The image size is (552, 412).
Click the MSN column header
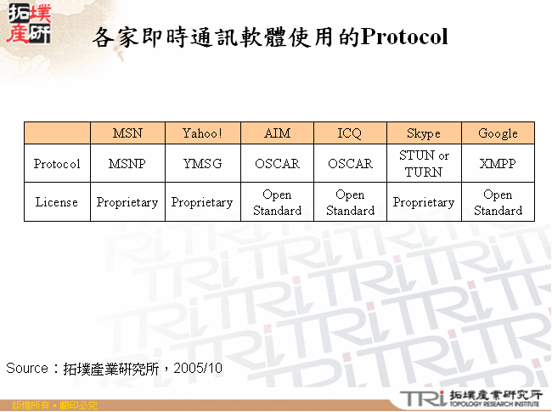127,133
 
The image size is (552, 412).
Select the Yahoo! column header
202,133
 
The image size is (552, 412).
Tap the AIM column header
277,133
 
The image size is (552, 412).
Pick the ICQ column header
350,133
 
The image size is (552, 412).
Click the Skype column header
424,133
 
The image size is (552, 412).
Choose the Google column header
498,133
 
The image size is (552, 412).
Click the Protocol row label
57,164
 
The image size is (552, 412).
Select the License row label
57,202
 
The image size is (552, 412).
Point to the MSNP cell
127,164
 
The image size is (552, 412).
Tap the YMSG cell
202,164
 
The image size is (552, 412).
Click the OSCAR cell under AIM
277,164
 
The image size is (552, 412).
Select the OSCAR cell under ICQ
350,164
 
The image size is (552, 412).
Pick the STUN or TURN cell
424,164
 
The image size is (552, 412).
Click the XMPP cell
498,164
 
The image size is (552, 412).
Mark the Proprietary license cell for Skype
424,202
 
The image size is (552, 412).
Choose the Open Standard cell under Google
498,202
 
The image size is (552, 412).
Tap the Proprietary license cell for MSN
127,202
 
